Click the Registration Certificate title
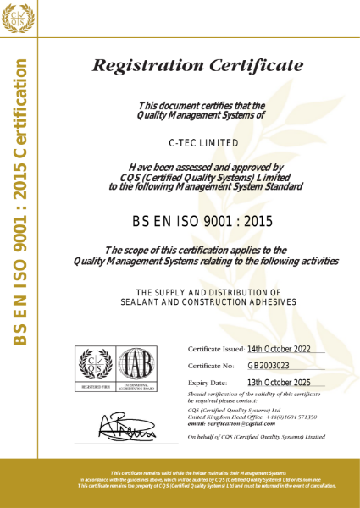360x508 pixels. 197,65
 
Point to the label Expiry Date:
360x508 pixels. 207,384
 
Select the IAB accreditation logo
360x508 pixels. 136,367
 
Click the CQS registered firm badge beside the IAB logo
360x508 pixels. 95,367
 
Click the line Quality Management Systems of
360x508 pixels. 201,114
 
